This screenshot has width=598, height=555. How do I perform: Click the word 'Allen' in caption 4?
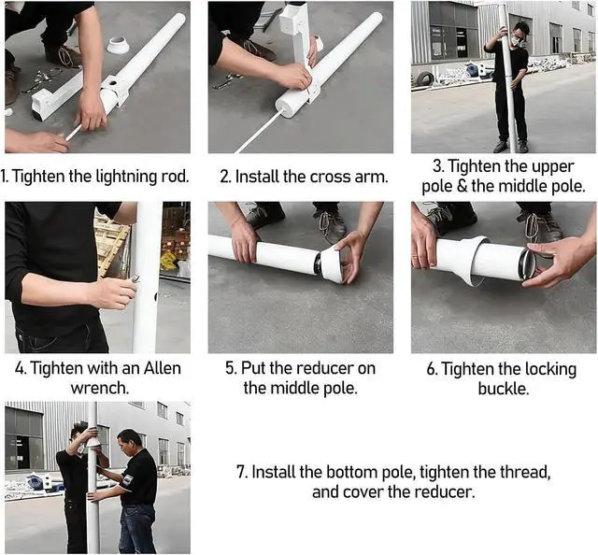[x=162, y=368]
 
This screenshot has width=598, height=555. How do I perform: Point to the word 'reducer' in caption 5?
[x=324, y=368]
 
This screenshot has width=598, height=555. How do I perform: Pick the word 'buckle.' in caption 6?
[x=504, y=389]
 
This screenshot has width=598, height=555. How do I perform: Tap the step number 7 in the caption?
[x=241, y=472]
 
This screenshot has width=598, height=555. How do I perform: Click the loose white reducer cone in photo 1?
[x=118, y=45]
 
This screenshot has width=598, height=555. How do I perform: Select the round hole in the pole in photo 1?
[x=114, y=82]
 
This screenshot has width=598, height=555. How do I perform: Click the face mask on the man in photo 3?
[x=518, y=39]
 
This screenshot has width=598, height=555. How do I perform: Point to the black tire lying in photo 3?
[x=424, y=79]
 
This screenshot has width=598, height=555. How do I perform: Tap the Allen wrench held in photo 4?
[x=135, y=279]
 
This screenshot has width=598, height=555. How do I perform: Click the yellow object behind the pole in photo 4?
[x=168, y=260]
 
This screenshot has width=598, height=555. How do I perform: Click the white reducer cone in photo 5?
[x=333, y=264]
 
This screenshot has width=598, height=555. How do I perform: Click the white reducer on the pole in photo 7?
[x=93, y=443]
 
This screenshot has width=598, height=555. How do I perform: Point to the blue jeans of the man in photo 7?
[x=136, y=528]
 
